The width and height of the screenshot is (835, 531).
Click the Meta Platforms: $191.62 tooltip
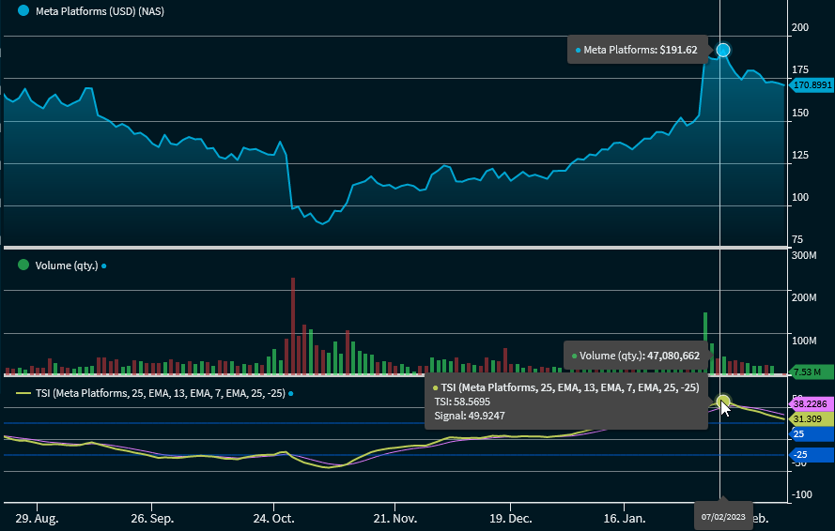pos(640,50)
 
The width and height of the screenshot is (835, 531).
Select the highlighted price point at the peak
pos(722,50)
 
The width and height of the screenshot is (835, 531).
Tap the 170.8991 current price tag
pos(812,85)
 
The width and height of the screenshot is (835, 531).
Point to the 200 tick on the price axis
pos(800,27)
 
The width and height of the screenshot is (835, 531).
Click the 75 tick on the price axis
pos(797,239)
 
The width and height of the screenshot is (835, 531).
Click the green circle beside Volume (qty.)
pos(23,265)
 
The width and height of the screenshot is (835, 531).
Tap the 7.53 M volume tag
pos(812,372)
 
